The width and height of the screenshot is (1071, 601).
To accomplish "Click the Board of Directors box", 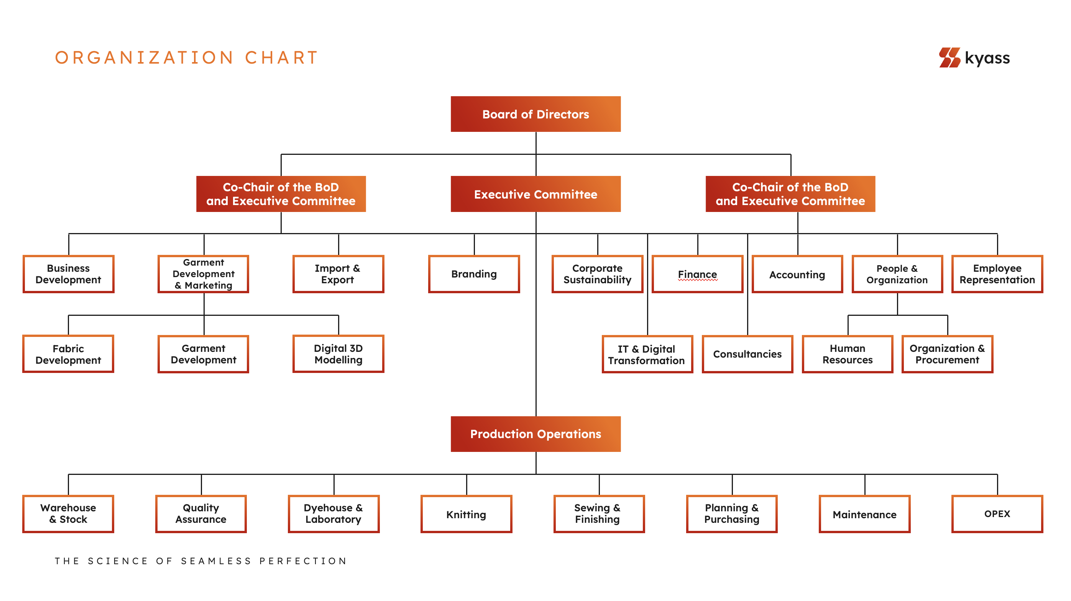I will click(x=535, y=114).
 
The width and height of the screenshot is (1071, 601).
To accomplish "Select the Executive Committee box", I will click(x=535, y=194).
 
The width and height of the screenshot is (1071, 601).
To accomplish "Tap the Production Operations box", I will click(x=535, y=434).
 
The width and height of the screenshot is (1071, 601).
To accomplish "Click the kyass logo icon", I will click(x=949, y=57).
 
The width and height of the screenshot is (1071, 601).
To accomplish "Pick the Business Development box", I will click(x=68, y=274).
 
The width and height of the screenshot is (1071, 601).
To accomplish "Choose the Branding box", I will click(x=474, y=274).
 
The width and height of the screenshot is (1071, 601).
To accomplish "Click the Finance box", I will click(x=697, y=274).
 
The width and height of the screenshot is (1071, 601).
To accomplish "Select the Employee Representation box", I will click(x=997, y=274).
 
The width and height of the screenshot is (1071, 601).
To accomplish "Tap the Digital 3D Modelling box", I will click(x=338, y=354).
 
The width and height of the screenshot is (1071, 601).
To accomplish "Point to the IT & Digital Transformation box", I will click(x=647, y=355).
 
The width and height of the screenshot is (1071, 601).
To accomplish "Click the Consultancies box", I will click(x=747, y=354).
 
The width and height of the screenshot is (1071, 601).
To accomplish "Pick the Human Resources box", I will click(x=847, y=354).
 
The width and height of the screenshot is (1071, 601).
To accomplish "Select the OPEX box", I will click(x=997, y=514).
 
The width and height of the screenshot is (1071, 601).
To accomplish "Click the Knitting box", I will click(x=466, y=514).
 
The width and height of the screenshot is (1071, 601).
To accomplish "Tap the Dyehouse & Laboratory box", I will click(x=333, y=514).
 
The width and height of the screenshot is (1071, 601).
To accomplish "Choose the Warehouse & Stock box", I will click(x=68, y=514).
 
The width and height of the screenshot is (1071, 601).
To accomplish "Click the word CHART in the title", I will click(x=281, y=58).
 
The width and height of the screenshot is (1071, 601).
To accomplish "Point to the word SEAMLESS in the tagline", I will click(x=216, y=561).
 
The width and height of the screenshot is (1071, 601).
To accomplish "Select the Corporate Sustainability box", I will click(x=597, y=274).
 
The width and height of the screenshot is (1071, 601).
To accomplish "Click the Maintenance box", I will click(x=864, y=514).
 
